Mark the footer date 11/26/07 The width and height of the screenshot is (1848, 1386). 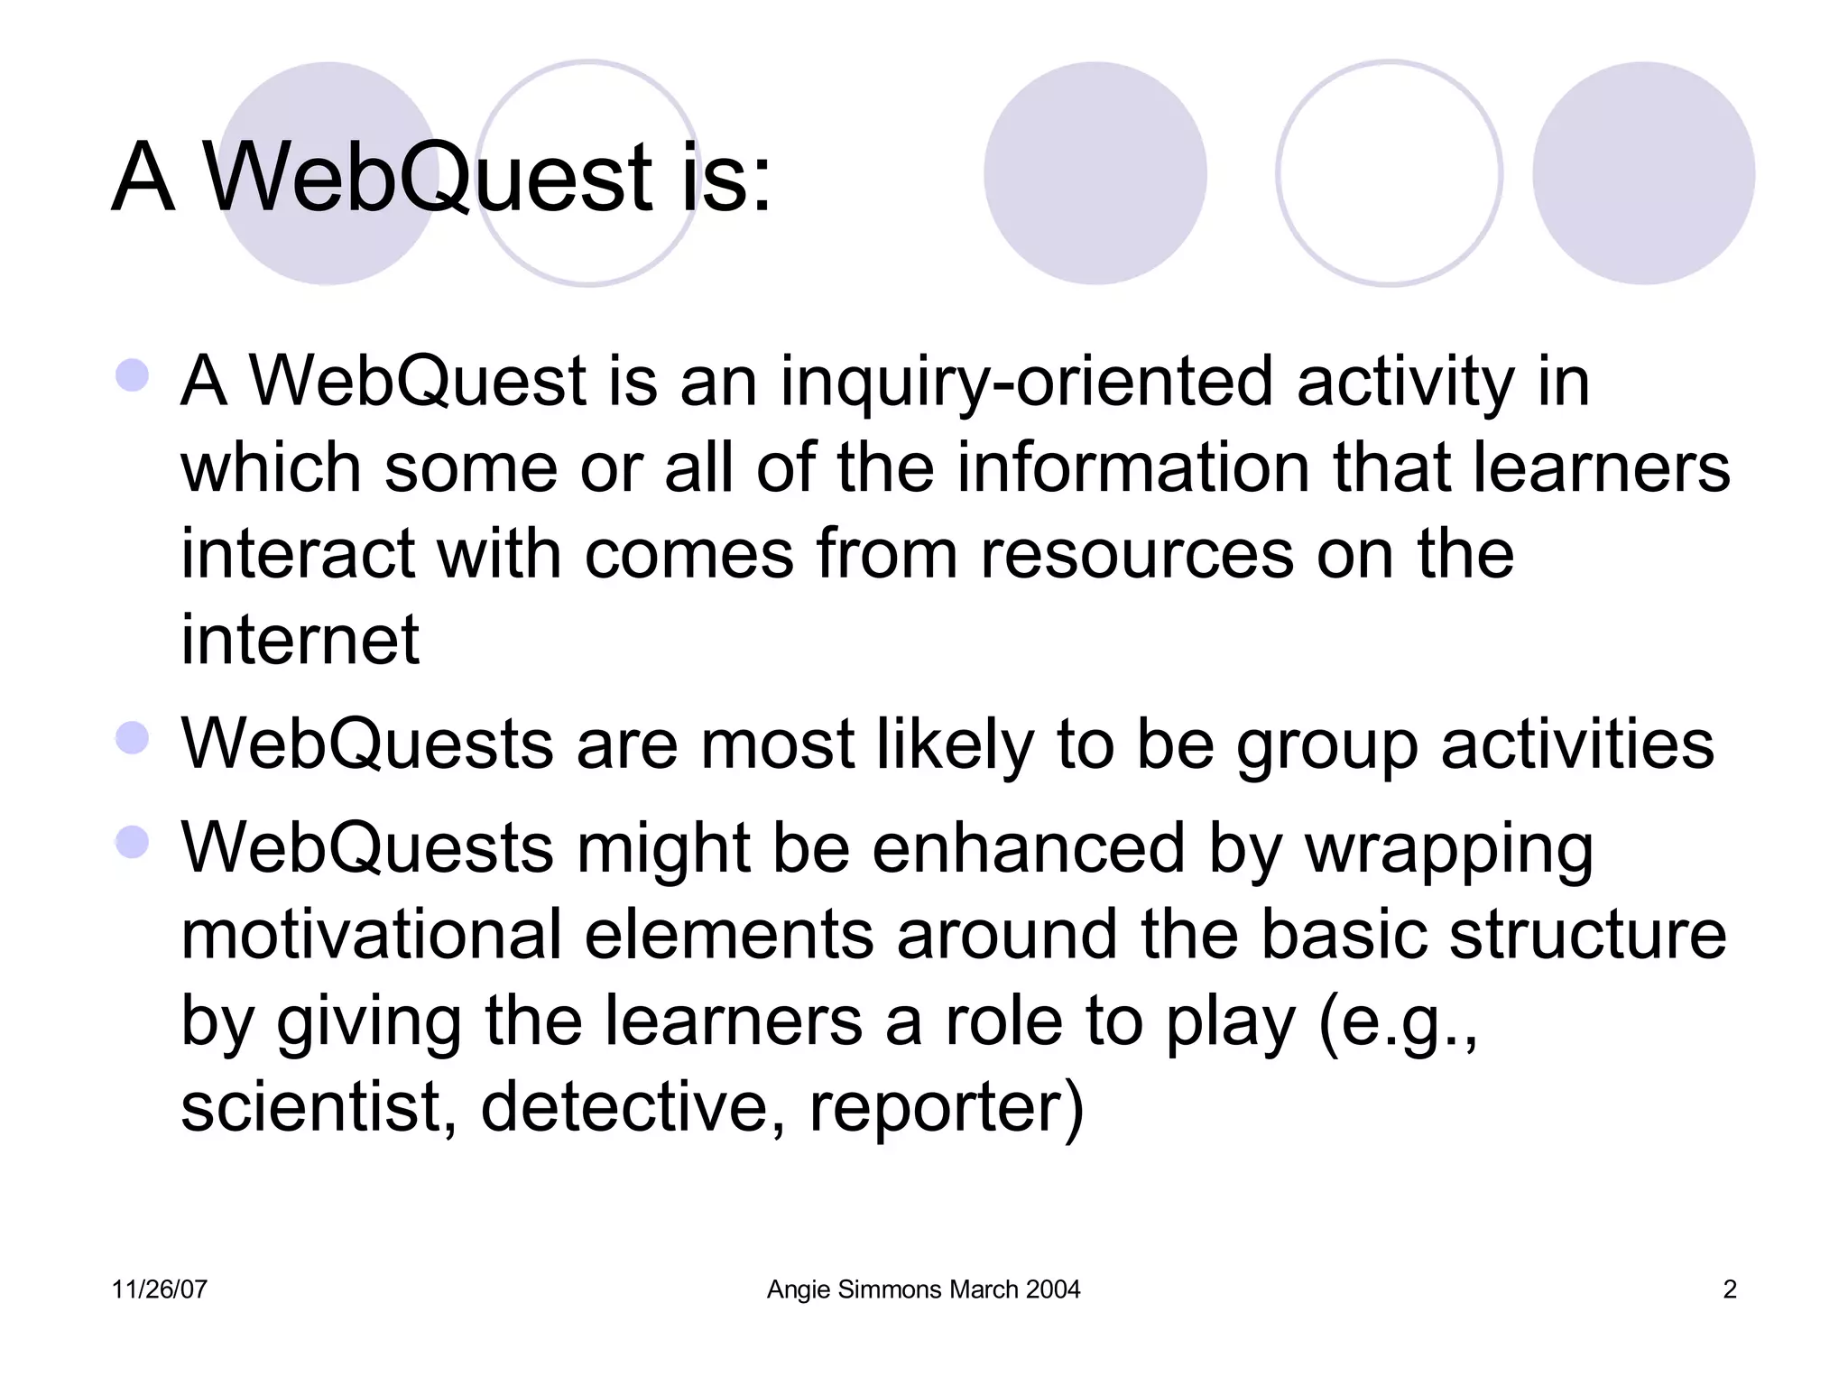[x=159, y=1289]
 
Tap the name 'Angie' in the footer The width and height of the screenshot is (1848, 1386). [x=799, y=1289]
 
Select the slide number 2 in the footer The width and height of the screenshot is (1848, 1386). [x=1729, y=1289]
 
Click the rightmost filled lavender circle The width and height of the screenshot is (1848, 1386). [x=1643, y=173]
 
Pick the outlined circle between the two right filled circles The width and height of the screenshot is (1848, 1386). [x=1389, y=173]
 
